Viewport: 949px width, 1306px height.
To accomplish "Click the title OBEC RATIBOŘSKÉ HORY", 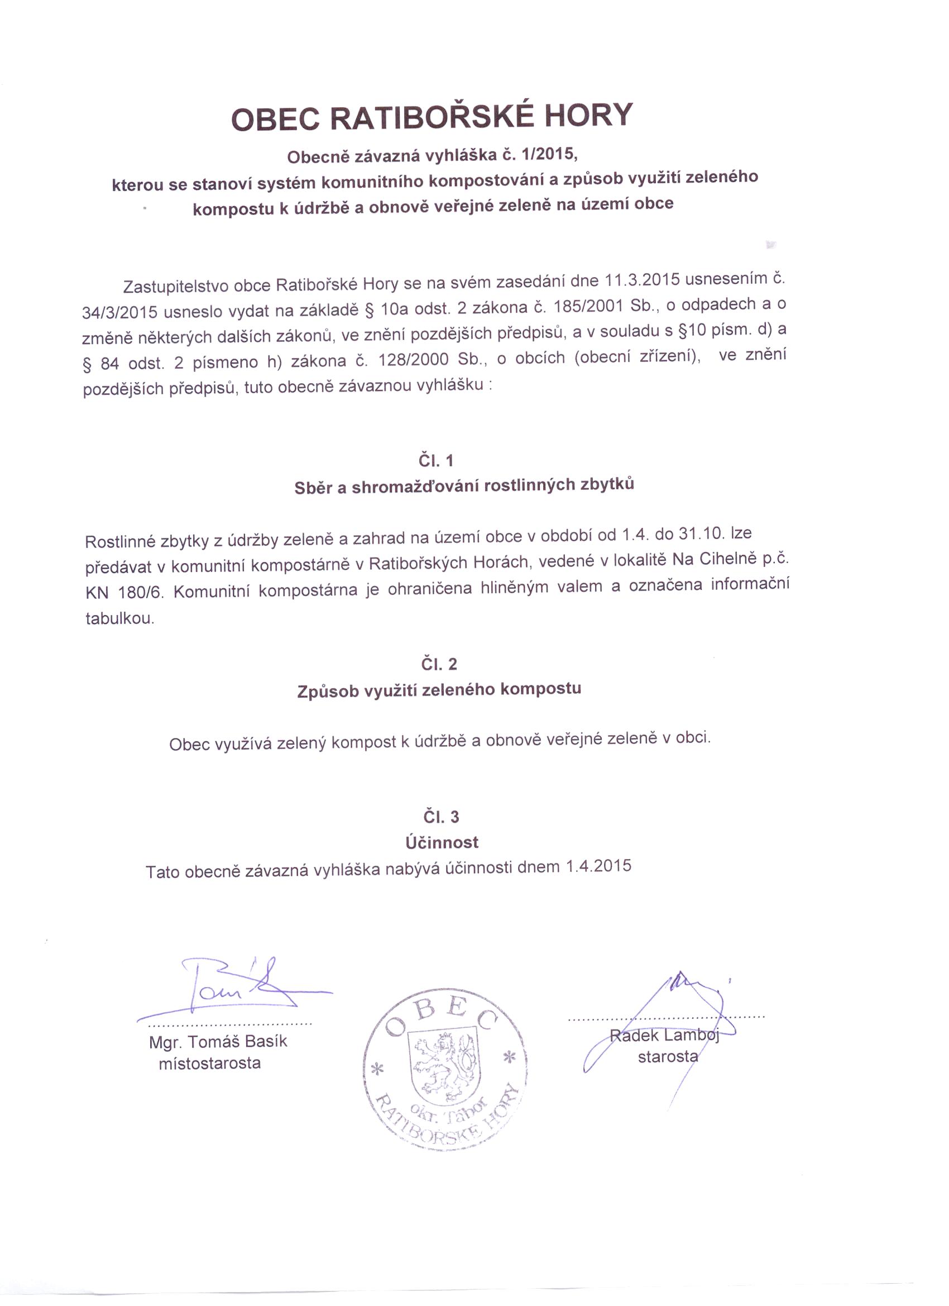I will coord(432,116).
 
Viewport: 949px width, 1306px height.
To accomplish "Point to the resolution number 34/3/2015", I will coord(119,312).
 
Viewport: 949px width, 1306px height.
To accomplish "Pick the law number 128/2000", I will coord(413,360).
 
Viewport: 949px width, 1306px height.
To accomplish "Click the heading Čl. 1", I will coord(435,460).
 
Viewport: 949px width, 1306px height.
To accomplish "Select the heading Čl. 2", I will coord(439,664).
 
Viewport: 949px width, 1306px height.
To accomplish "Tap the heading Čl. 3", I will coord(441,817).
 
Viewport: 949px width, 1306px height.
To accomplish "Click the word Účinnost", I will coord(442,842).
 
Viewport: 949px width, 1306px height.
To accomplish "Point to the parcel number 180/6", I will coord(141,593).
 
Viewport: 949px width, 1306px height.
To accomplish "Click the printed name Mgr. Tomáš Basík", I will coord(218,1041).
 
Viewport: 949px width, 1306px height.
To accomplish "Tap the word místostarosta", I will coord(209,1063).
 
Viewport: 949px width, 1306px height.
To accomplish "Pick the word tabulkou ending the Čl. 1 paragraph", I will coord(119,618).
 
